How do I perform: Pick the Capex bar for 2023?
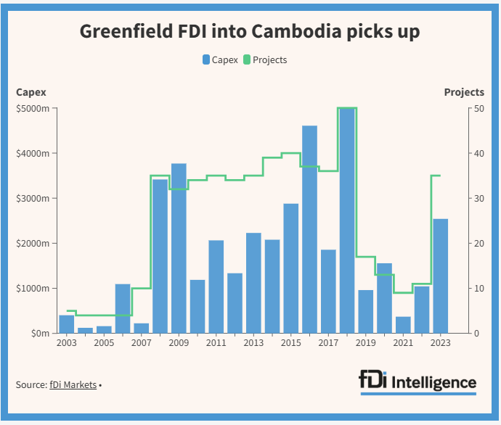click(441, 276)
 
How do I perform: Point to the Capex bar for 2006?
click(123, 308)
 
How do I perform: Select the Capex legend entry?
click(221, 59)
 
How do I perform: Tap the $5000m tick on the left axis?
click(33, 109)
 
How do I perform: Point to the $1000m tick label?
click(33, 289)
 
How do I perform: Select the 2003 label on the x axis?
click(66, 342)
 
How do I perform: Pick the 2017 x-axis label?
click(328, 342)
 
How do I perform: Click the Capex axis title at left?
click(30, 92)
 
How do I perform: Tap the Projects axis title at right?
click(464, 92)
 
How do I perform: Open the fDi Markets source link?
click(73, 385)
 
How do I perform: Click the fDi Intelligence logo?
click(417, 381)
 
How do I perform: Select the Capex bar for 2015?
click(291, 268)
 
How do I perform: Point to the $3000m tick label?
click(33, 199)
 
